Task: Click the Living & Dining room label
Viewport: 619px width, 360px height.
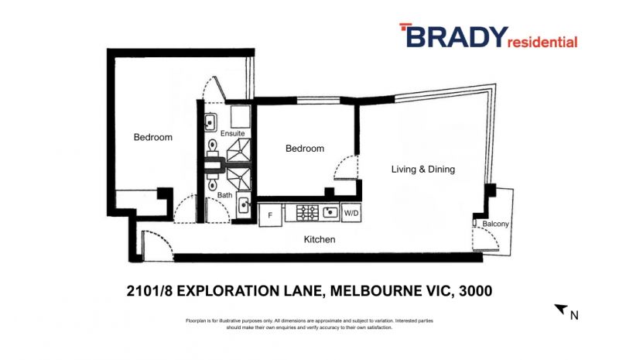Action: click(422, 169)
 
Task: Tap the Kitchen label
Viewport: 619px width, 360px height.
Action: click(320, 239)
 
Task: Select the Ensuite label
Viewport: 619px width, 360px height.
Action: click(233, 133)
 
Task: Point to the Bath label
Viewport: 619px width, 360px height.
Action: click(224, 195)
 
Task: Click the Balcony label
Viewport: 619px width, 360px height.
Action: click(495, 224)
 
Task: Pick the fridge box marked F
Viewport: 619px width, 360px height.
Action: click(270, 215)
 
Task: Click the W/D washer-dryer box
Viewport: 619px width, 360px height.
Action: click(351, 213)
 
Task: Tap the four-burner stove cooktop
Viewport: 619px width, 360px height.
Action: click(307, 213)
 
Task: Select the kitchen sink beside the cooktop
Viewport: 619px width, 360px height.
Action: click(330, 212)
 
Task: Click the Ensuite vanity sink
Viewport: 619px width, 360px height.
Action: click(210, 122)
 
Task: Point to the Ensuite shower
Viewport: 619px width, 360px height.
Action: click(238, 150)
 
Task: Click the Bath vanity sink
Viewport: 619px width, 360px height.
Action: click(244, 204)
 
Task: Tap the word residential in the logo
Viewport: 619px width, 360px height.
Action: click(542, 42)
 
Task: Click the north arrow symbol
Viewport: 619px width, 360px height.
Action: click(561, 309)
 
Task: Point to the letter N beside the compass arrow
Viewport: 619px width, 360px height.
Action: click(574, 315)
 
